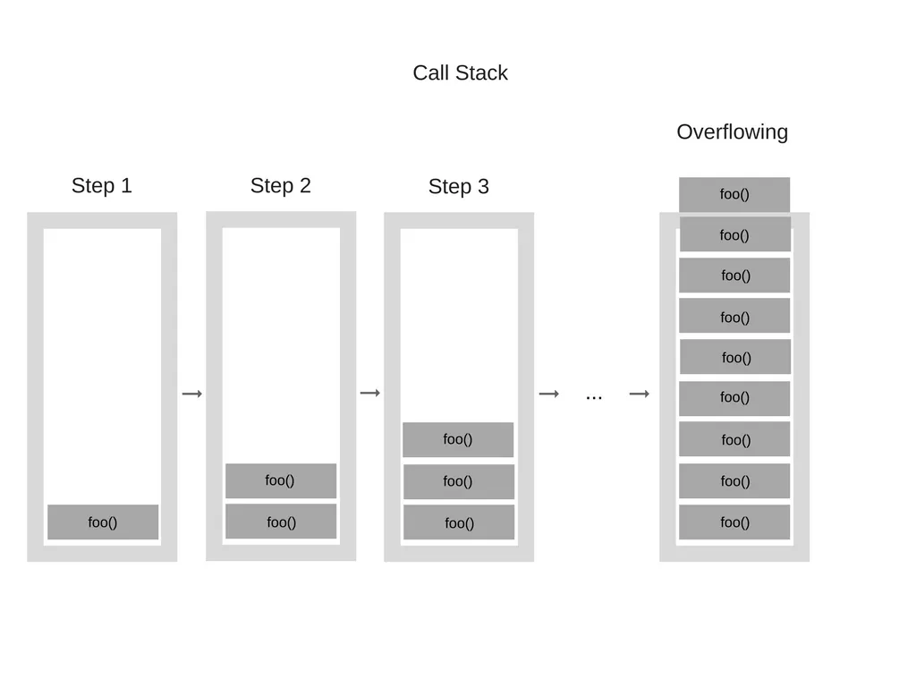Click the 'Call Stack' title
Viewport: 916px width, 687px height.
click(460, 72)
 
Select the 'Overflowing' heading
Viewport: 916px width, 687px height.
click(732, 131)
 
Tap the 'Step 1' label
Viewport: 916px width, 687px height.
click(101, 185)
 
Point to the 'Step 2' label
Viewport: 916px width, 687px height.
click(280, 185)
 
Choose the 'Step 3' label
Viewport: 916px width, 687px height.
click(458, 186)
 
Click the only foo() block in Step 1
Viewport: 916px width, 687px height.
click(103, 522)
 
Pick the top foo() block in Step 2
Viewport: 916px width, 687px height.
click(281, 480)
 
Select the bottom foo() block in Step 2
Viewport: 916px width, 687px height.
click(281, 522)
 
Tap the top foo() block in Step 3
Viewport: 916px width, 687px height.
click(458, 439)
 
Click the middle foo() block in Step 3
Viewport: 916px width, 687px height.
click(458, 481)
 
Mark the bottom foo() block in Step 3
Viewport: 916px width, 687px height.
click(459, 522)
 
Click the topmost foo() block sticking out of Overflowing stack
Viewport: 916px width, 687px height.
click(734, 194)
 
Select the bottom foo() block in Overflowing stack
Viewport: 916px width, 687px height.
click(734, 522)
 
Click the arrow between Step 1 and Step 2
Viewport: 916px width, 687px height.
click(192, 394)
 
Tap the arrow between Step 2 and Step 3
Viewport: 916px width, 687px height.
click(370, 393)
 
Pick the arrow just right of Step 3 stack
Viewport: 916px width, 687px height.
click(549, 394)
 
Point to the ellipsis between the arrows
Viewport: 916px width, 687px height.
click(594, 395)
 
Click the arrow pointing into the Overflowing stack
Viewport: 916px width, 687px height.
click(639, 394)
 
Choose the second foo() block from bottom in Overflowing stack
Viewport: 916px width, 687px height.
click(734, 481)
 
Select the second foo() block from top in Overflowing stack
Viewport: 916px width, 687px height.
click(734, 235)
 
